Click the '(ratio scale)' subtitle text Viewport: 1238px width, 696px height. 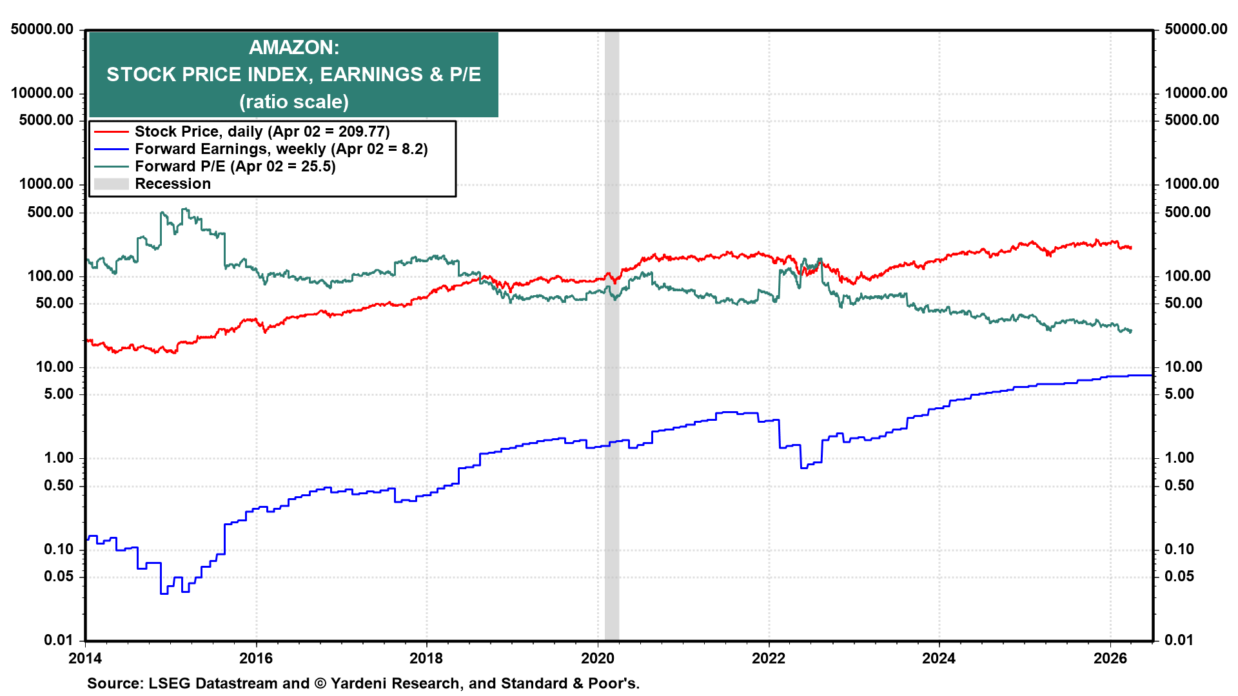tap(294, 102)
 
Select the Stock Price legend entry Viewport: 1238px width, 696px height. tap(262, 131)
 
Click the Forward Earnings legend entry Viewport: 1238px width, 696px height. tap(280, 149)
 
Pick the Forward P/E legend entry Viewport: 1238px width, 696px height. tap(235, 166)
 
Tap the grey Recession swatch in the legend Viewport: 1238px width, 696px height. tap(111, 184)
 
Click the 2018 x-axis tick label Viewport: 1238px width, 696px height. tap(426, 658)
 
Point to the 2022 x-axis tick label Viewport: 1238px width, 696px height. tap(768, 658)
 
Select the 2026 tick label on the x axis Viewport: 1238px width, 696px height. tap(1110, 658)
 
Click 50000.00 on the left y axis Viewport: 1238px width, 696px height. tap(42, 29)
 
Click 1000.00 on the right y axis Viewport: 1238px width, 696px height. tap(1192, 184)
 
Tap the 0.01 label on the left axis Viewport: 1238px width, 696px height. tap(58, 640)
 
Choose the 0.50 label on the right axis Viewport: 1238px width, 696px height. tap(1179, 485)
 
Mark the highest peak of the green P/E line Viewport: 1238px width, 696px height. tap(185, 209)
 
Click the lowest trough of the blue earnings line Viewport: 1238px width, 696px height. tap(164, 593)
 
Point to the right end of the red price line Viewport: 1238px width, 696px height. tap(1130, 247)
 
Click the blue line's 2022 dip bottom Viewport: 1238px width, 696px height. tap(804, 467)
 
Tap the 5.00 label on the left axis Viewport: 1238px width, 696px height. tap(58, 394)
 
